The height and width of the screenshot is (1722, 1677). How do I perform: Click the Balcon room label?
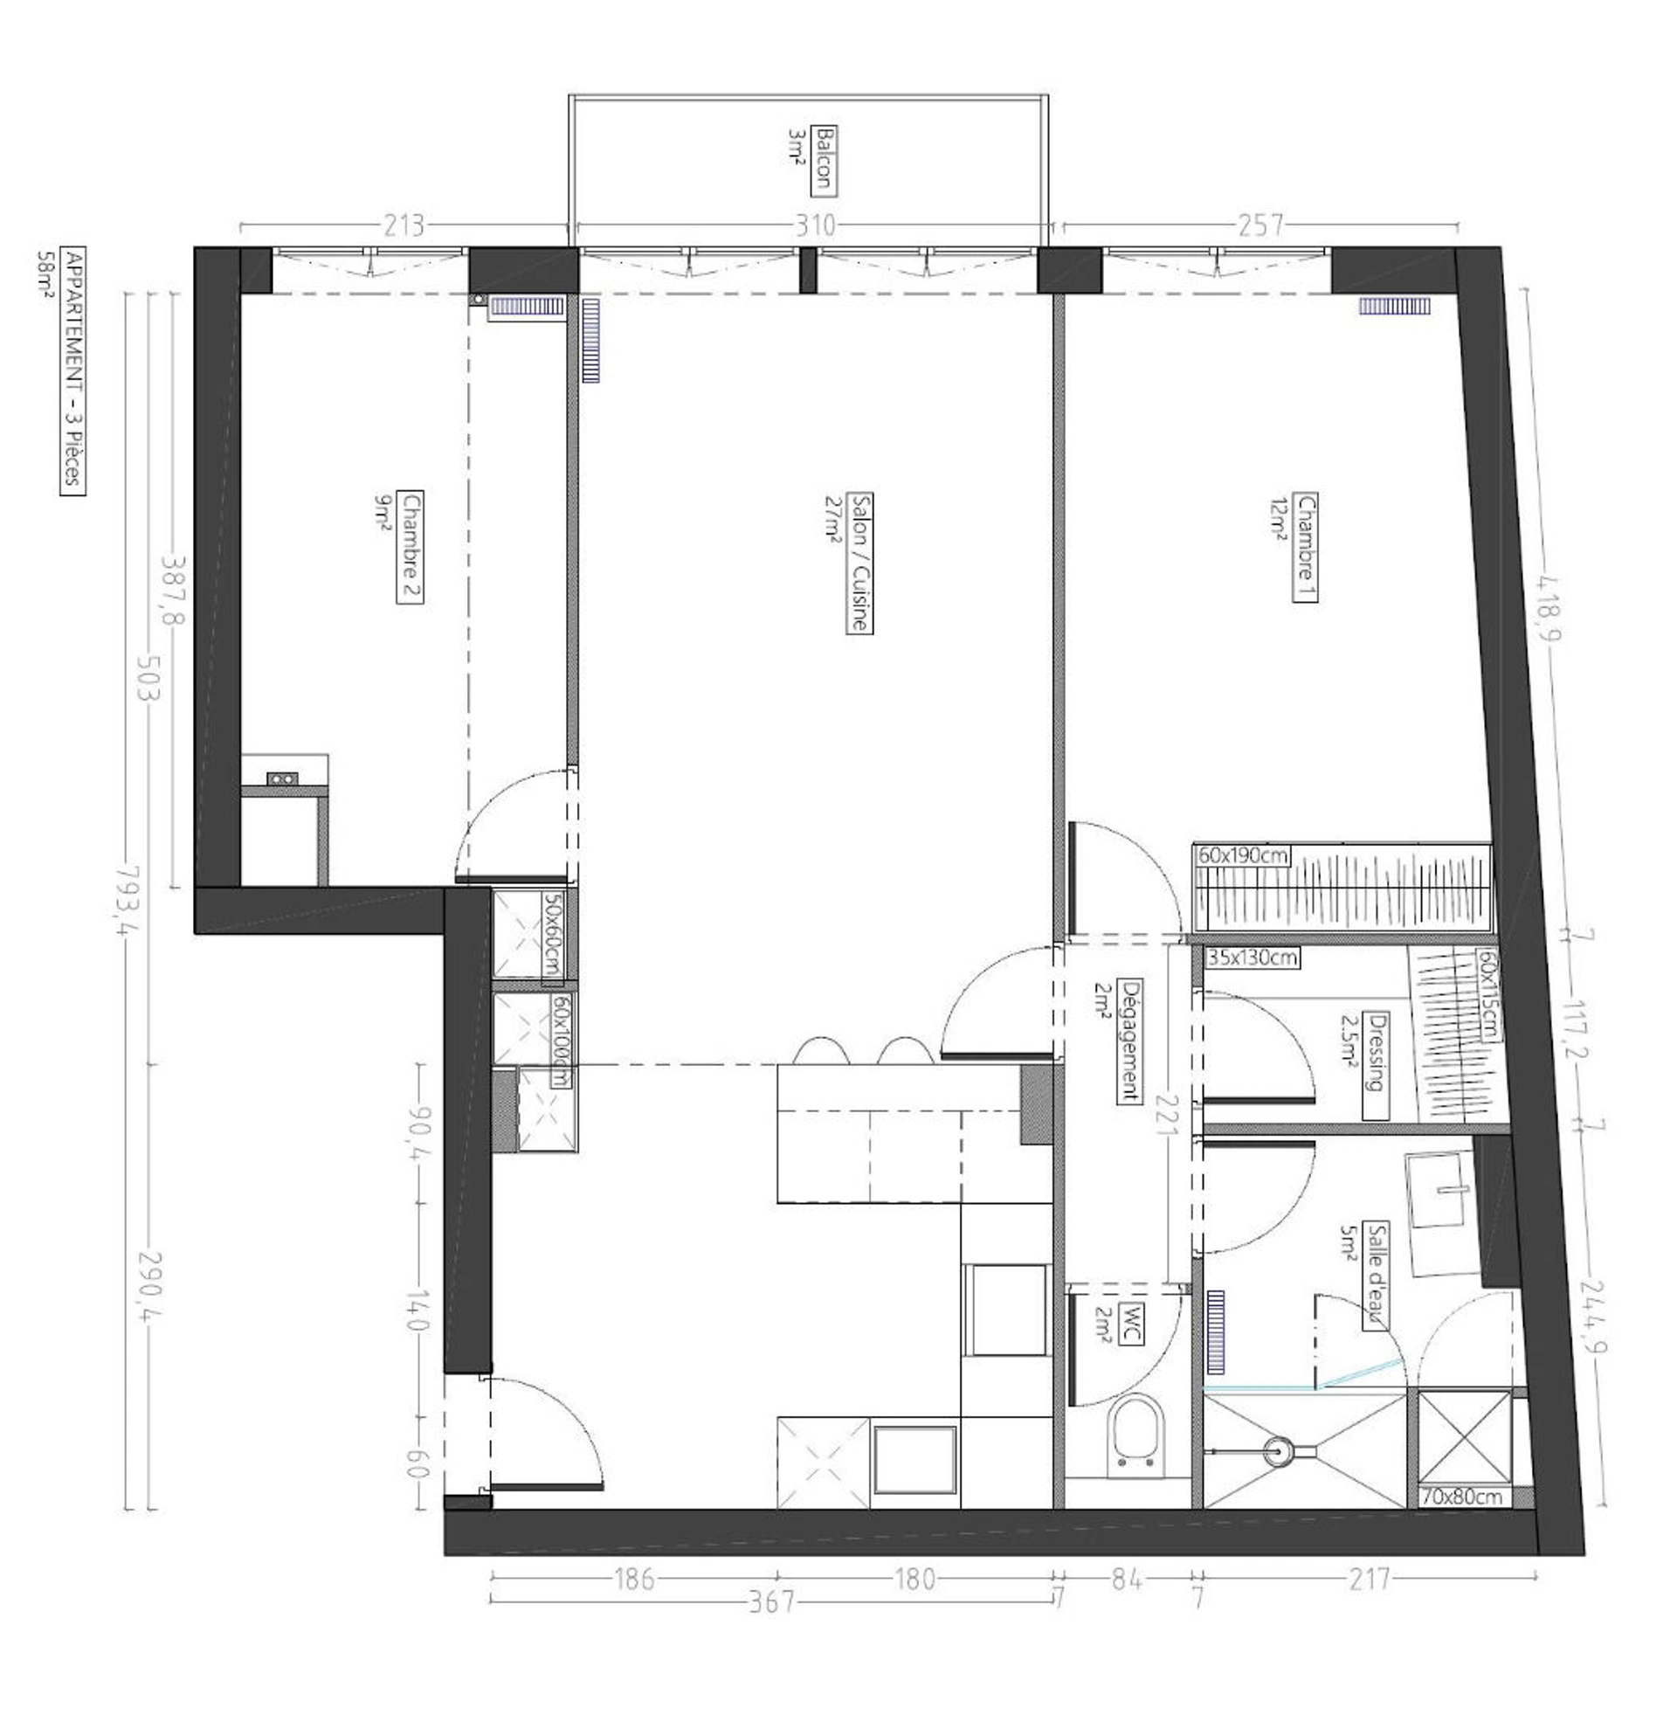click(x=825, y=159)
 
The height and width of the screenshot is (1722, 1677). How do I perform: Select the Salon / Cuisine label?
click(x=859, y=561)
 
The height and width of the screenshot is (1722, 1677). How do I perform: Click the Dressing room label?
click(x=1376, y=1065)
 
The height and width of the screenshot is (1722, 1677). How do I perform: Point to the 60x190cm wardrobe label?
click(x=1243, y=854)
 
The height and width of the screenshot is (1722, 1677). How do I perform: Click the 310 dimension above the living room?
click(x=815, y=225)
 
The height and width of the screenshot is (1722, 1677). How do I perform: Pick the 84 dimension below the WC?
click(x=1128, y=1580)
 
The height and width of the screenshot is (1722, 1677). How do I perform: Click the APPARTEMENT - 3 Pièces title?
click(x=73, y=372)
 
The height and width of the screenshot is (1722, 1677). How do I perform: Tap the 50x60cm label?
click(x=552, y=933)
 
